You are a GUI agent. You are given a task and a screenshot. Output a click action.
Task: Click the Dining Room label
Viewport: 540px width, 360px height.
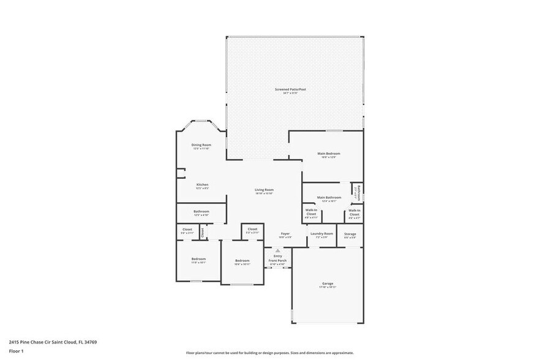[201, 146]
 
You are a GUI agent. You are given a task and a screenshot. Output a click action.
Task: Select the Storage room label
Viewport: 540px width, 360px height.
[350, 234]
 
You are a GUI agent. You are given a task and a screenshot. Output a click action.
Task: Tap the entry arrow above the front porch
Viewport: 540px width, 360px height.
[277, 250]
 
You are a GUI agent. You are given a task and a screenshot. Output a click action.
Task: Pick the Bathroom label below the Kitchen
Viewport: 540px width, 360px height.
[201, 212]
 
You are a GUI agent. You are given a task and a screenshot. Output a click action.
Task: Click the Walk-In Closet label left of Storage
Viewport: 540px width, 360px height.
[354, 212]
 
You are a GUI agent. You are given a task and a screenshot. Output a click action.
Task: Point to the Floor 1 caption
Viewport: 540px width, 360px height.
[17, 351]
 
